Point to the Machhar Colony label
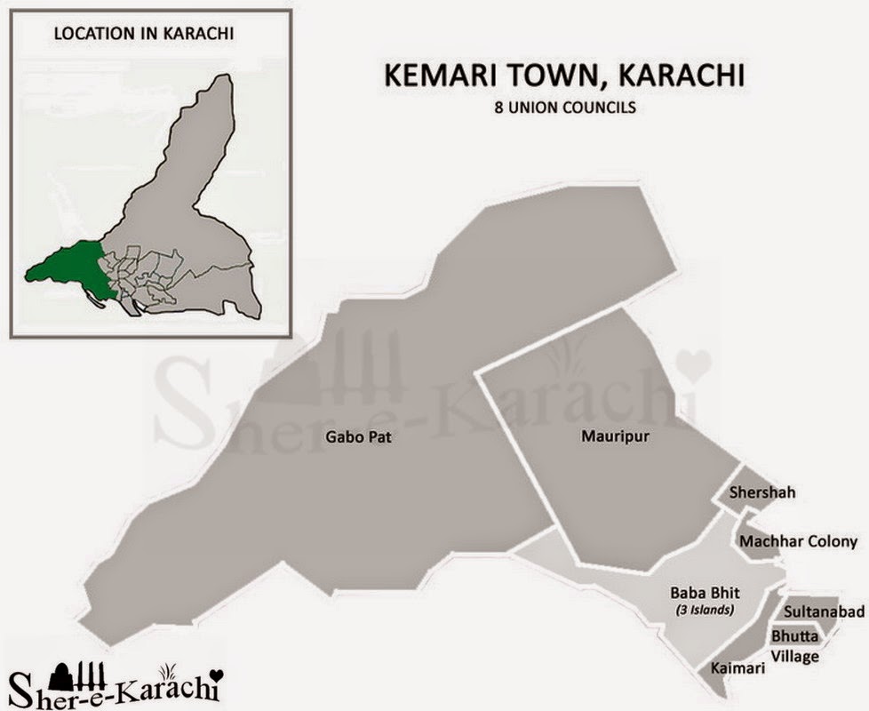(x=798, y=541)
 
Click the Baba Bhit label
(x=700, y=592)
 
